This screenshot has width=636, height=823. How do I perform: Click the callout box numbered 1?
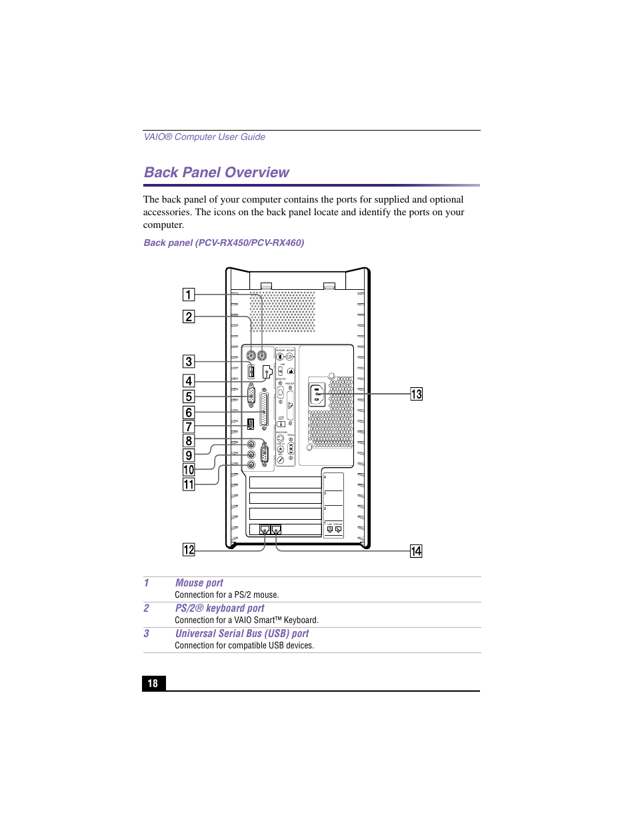click(x=189, y=295)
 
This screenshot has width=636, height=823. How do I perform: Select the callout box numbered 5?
click(x=189, y=397)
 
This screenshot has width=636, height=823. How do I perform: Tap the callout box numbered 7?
click(x=189, y=426)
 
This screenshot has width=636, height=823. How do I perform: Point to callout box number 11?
click(x=189, y=484)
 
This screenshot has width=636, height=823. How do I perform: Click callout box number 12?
click(x=189, y=550)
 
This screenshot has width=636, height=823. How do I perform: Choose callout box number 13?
click(x=416, y=394)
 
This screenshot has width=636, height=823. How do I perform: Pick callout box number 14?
click(x=416, y=551)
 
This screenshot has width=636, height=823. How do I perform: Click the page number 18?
click(x=153, y=683)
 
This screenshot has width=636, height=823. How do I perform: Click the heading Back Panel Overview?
click(x=217, y=173)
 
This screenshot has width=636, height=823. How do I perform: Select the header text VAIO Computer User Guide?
click(x=205, y=137)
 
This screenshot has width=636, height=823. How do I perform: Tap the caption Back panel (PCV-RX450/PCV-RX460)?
click(x=224, y=243)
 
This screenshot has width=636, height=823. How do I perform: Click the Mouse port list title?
click(x=199, y=583)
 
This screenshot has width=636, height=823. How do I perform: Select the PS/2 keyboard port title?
click(x=219, y=608)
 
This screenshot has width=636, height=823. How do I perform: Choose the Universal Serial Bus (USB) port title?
click(x=242, y=634)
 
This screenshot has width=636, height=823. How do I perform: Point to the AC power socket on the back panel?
click(x=317, y=395)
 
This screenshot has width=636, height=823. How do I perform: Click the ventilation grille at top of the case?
click(x=282, y=311)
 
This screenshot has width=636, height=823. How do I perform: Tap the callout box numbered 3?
click(x=189, y=361)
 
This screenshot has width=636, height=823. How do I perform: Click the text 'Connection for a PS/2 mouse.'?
click(x=227, y=595)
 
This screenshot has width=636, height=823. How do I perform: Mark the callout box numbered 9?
click(x=189, y=455)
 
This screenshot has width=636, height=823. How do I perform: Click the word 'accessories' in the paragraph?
click(x=167, y=212)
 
